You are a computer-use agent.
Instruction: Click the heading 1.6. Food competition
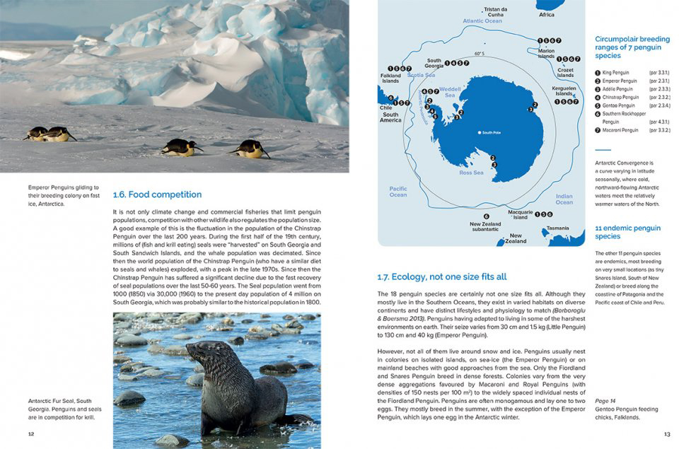pos(157,194)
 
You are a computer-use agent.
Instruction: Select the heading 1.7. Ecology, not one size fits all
pos(442,276)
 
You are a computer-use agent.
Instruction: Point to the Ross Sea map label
pos(471,173)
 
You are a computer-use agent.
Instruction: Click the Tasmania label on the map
pos(557,228)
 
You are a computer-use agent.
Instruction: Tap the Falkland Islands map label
pos(390,78)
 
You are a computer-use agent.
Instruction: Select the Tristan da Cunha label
pos(495,12)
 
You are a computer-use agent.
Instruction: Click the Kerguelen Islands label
pos(564,91)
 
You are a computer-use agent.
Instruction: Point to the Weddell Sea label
pos(450,92)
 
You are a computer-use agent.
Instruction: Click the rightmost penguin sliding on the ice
pos(251,148)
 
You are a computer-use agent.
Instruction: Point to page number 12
pos(30,434)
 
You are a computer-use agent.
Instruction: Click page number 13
pos(667,434)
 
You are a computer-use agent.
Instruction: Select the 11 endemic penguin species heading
pos(627,232)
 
